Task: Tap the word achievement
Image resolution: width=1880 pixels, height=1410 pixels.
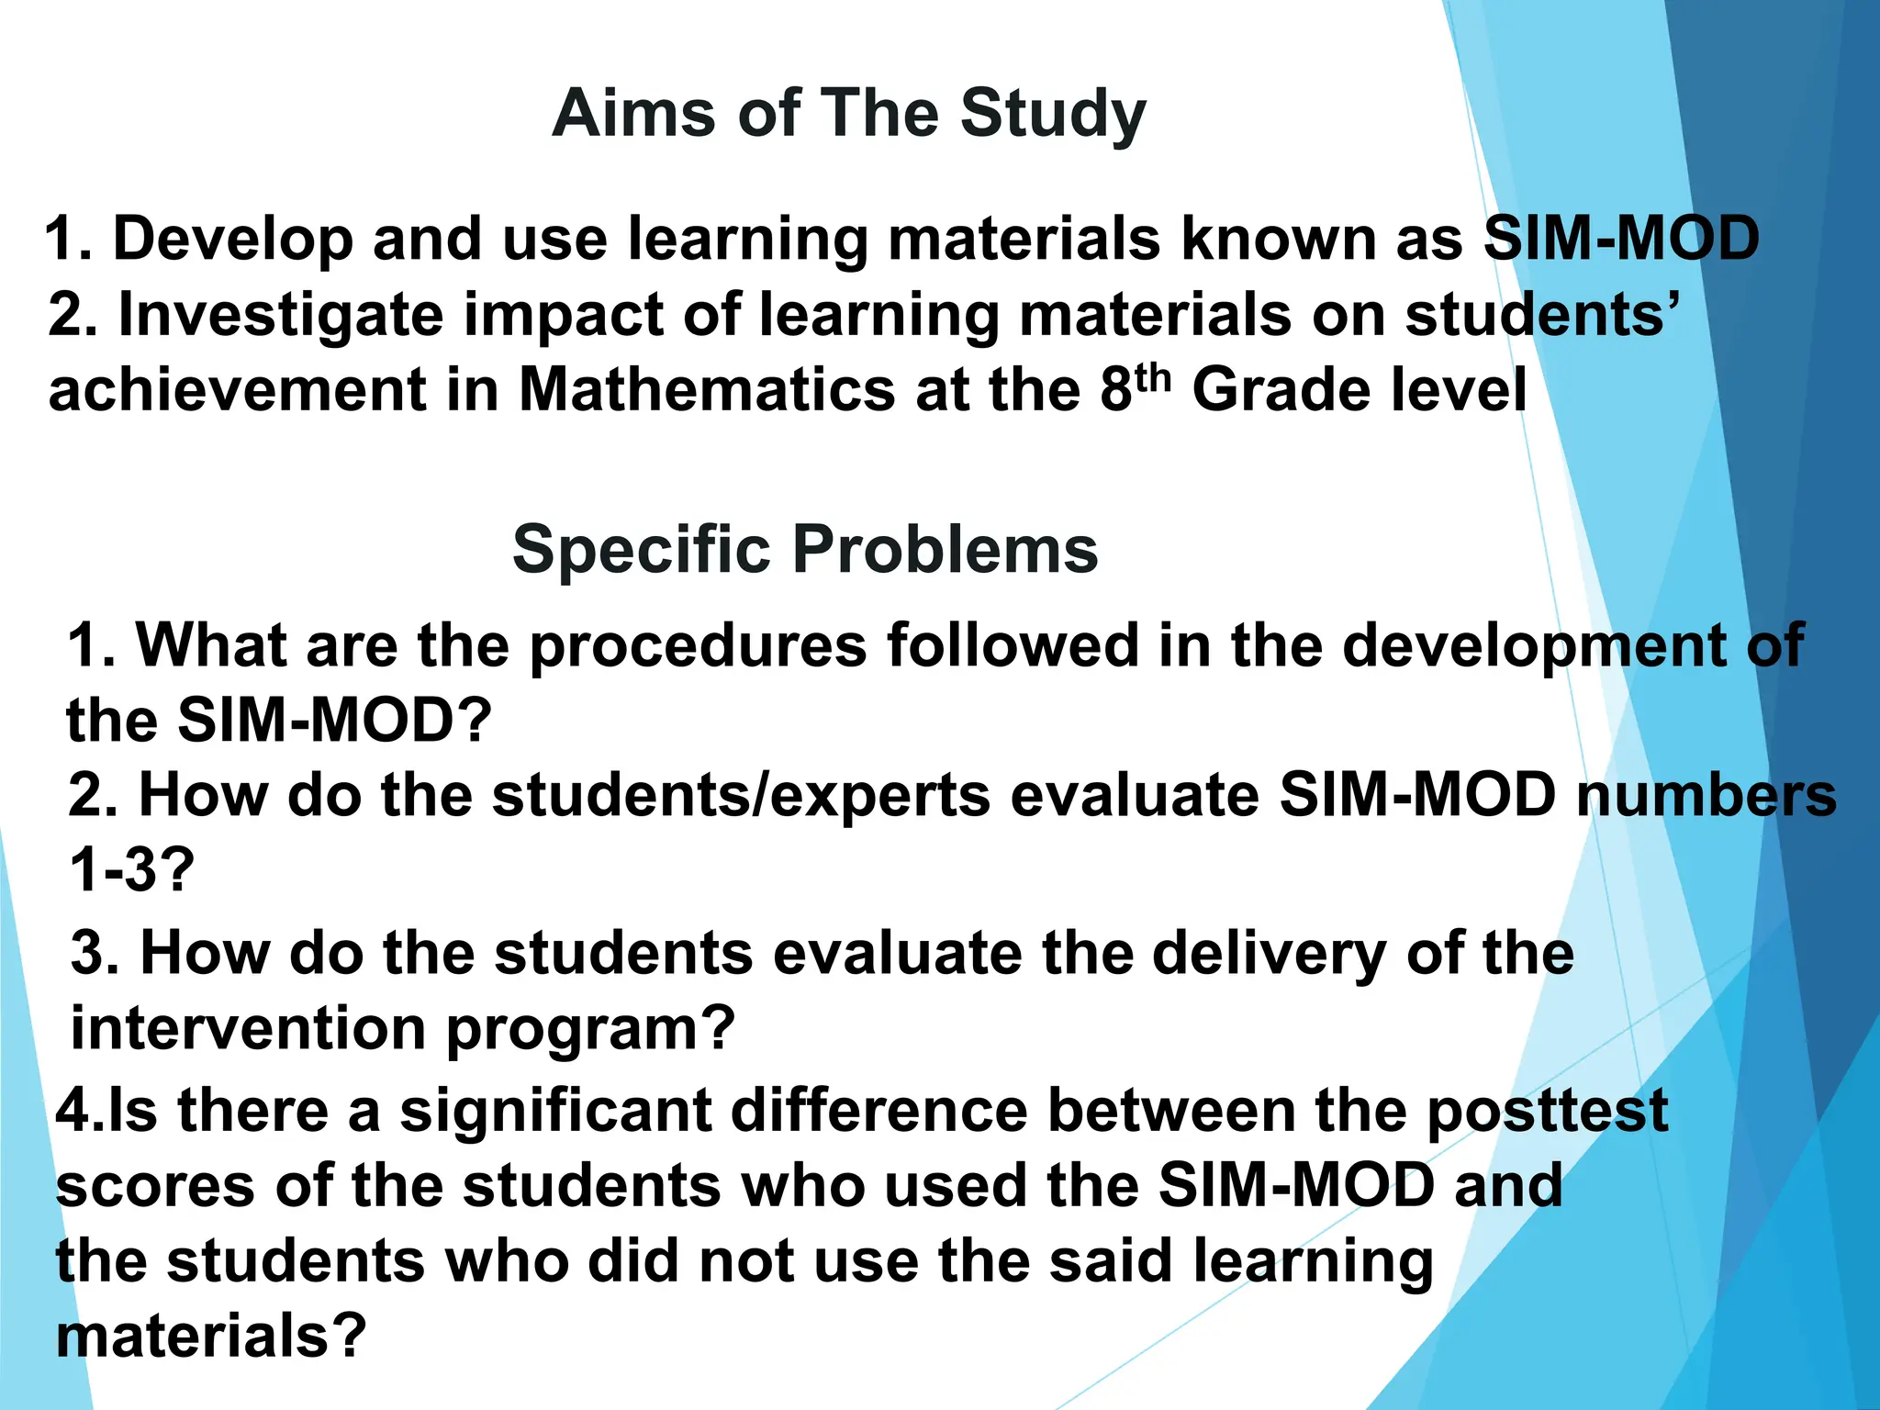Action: tap(238, 390)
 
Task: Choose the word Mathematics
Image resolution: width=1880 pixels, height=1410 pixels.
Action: tap(707, 390)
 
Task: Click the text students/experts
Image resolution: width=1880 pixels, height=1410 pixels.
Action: tap(741, 795)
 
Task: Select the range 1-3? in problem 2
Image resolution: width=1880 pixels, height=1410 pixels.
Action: tap(131, 869)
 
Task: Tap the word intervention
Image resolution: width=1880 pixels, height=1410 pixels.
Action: tap(248, 1028)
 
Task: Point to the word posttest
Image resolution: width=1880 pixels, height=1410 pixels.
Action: tap(1547, 1111)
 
